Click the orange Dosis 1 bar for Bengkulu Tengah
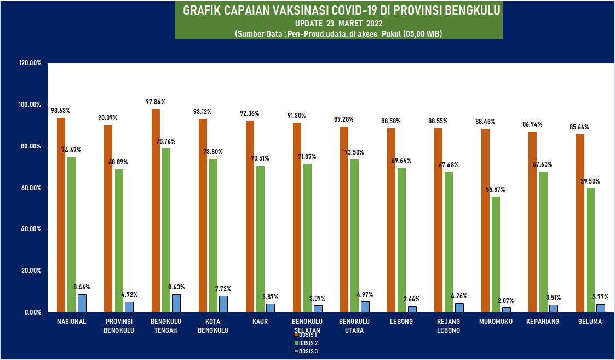coord(156,210)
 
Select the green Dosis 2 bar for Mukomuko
coord(496,254)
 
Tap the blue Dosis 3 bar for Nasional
coord(82,303)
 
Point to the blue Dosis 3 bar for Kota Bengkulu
coord(223,304)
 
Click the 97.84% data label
coord(156,102)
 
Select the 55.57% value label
coord(496,190)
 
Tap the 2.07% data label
coord(507,301)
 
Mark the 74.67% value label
coord(71,150)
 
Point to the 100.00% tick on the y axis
coord(31,105)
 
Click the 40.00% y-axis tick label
coord(31,229)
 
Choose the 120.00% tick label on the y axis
coord(31,63)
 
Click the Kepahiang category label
coord(543,322)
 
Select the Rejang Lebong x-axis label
coord(449,326)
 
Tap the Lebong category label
coord(401,322)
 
